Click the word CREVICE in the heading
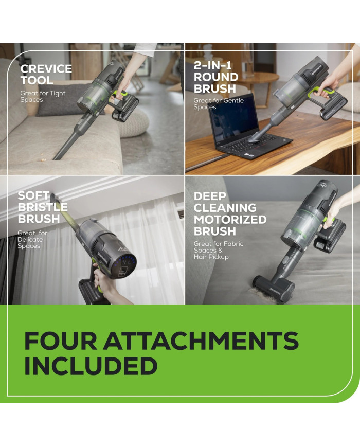click(46, 69)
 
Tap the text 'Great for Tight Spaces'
click(43, 96)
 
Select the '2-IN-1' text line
click(212, 65)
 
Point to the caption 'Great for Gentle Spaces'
click(219, 104)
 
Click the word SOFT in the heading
click(33, 196)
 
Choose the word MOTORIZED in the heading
click(230, 220)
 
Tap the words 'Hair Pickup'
click(211, 257)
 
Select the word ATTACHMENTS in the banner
click(201, 341)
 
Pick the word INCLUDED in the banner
click(91, 366)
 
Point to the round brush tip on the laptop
click(254, 139)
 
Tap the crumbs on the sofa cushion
click(44, 156)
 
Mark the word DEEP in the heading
click(210, 196)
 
